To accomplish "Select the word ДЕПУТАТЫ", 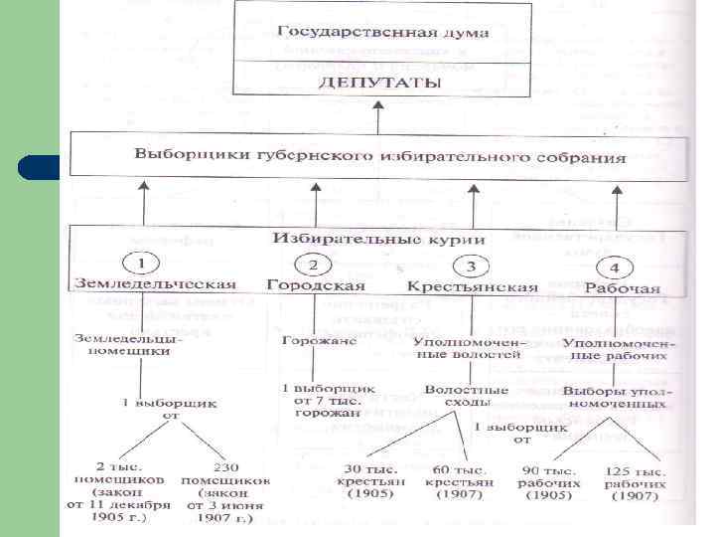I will click(x=381, y=84).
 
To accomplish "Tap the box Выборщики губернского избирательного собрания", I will click(x=380, y=158).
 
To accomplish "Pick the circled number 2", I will click(x=314, y=265).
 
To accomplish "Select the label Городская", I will click(x=316, y=285).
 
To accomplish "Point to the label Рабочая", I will click(x=623, y=288).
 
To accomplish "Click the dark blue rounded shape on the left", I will click(x=40, y=166).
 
